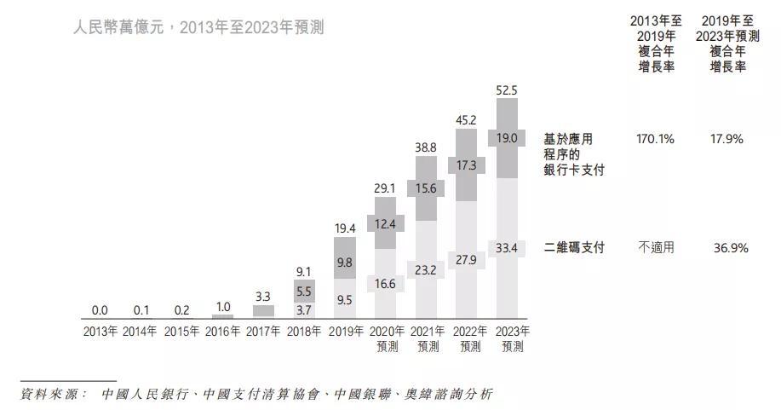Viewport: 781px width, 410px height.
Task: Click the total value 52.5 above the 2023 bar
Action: (x=507, y=90)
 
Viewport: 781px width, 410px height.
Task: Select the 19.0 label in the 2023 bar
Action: (x=507, y=137)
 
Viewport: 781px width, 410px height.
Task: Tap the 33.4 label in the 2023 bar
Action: (x=507, y=248)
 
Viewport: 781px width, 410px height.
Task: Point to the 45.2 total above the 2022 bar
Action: (x=466, y=121)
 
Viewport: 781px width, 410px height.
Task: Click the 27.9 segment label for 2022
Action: (x=466, y=259)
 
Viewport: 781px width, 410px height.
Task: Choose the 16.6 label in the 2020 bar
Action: (x=385, y=284)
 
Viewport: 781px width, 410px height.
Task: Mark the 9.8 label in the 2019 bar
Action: (x=344, y=263)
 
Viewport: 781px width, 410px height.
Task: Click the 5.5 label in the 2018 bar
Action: (x=304, y=291)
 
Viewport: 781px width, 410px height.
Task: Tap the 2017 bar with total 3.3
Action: (x=263, y=311)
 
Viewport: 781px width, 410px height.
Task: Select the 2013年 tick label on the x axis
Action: (x=100, y=332)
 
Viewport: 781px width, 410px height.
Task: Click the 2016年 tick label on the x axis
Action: (x=223, y=332)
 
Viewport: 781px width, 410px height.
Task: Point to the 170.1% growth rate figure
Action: (x=655, y=138)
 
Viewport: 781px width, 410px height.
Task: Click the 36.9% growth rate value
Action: (x=731, y=248)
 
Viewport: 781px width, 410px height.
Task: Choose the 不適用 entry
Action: (x=656, y=248)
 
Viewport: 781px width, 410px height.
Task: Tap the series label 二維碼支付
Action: (x=574, y=248)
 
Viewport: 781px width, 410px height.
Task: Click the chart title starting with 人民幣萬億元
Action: (x=198, y=27)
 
